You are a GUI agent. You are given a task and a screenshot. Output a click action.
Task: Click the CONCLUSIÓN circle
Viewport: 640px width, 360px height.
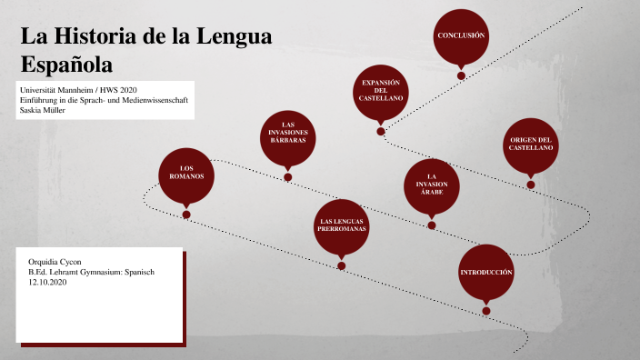(x=461, y=35)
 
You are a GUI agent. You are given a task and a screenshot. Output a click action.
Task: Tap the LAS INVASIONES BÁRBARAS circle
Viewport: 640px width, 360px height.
(x=287, y=138)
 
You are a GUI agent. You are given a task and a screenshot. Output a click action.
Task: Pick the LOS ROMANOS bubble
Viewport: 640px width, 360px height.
(x=186, y=175)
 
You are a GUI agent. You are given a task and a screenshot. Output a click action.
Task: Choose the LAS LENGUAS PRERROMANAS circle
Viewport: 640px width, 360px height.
(x=341, y=226)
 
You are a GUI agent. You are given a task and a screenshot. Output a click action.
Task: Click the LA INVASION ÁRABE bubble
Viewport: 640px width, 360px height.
(x=432, y=185)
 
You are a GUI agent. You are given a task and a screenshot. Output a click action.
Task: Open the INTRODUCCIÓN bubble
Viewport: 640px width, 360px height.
(x=486, y=273)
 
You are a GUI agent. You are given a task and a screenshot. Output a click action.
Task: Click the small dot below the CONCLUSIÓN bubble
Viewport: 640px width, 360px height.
(x=461, y=75)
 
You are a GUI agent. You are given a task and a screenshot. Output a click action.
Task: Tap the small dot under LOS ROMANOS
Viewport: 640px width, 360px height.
(x=186, y=215)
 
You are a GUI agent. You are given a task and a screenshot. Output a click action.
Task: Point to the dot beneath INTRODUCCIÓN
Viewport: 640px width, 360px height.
(x=486, y=311)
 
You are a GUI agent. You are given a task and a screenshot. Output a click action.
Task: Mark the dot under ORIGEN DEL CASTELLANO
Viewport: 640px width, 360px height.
(x=531, y=185)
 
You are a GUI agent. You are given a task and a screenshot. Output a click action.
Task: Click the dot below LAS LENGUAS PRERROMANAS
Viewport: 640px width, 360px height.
(x=341, y=266)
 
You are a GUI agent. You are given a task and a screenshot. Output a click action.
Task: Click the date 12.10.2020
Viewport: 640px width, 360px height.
(x=48, y=283)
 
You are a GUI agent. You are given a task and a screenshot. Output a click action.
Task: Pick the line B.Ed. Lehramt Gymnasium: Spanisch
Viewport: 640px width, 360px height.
(x=91, y=272)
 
